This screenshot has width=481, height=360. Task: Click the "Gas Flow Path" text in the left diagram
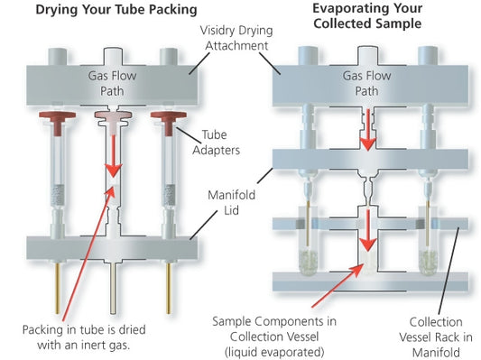(x=109, y=80)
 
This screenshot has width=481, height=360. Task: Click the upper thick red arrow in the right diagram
(x=369, y=134)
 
